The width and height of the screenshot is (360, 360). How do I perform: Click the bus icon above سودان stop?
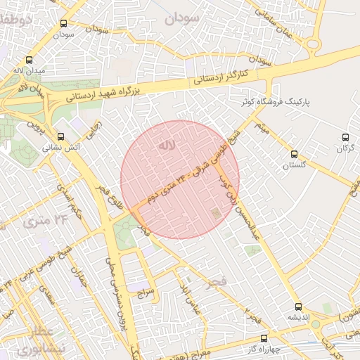coord(65,23)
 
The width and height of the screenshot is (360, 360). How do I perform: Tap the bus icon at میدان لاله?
coord(29,60)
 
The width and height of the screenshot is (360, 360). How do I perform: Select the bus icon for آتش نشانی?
coord(60,137)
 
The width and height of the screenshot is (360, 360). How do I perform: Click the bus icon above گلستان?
coord(294,154)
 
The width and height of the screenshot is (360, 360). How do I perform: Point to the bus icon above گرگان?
coord(345,137)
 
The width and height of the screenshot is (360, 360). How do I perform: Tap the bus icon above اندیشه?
coord(299,307)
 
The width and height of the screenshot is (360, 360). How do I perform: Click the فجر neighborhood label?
coord(217,283)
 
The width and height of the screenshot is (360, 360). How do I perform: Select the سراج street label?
coord(144,290)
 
